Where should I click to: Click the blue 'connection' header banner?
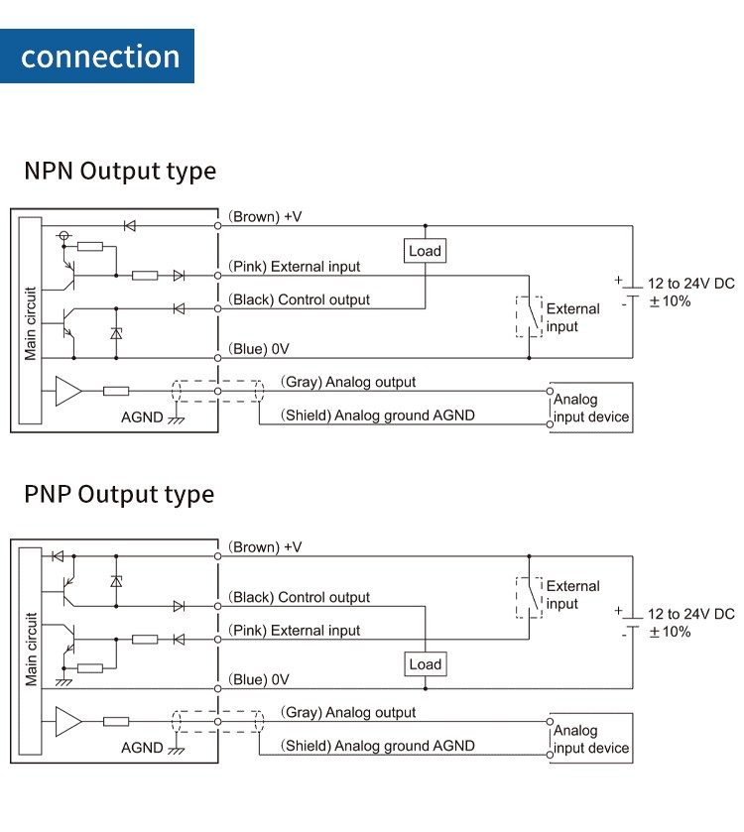coord(98,56)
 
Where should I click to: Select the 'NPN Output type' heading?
coord(119,171)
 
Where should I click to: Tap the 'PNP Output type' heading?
coord(118,494)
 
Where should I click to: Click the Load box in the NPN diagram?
coord(425,251)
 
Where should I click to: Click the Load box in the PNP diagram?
coord(425,664)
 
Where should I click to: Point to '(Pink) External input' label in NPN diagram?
coord(295,267)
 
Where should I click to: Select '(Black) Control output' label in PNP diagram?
coord(299,597)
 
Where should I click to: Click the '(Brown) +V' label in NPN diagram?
coord(265,216)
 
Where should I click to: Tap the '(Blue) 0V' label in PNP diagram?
coord(259,679)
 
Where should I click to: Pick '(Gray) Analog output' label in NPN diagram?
coord(348,382)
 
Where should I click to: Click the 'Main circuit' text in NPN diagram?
coord(31,323)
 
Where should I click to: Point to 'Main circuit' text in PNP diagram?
coord(31,650)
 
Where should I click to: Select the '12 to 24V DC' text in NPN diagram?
coord(691,284)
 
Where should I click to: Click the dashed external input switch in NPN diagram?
coord(529,316)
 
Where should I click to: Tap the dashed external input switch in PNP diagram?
coord(529,597)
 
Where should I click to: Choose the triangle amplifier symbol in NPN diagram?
coord(68,391)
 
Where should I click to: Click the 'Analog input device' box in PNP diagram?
coord(590,739)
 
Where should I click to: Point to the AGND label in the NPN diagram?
coord(142,417)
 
